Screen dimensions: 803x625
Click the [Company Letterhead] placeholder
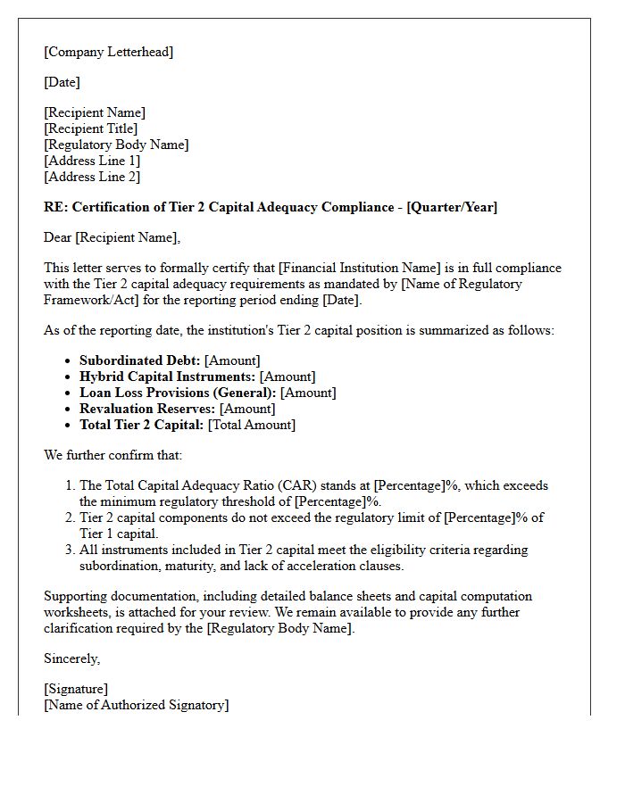click(x=108, y=52)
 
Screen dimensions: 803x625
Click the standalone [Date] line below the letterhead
click(x=62, y=82)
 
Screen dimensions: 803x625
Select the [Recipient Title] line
click(x=90, y=128)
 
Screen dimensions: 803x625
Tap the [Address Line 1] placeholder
click(x=92, y=161)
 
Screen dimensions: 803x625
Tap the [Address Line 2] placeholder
click(x=92, y=177)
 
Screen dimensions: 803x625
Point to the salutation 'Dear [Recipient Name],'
click(x=112, y=237)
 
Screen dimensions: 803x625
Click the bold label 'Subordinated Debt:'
click(x=139, y=360)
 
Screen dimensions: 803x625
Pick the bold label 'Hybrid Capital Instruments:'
click(x=167, y=377)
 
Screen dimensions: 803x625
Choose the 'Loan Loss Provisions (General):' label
click(x=178, y=393)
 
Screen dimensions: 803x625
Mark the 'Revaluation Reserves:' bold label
click(x=147, y=409)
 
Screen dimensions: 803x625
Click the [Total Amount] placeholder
click(x=252, y=425)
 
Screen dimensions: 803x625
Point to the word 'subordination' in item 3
click(x=120, y=566)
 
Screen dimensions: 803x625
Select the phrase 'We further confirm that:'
click(x=112, y=455)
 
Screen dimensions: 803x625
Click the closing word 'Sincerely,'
click(x=72, y=658)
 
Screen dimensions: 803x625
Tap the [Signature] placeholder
click(x=76, y=689)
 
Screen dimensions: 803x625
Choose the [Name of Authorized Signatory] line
click(x=136, y=705)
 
